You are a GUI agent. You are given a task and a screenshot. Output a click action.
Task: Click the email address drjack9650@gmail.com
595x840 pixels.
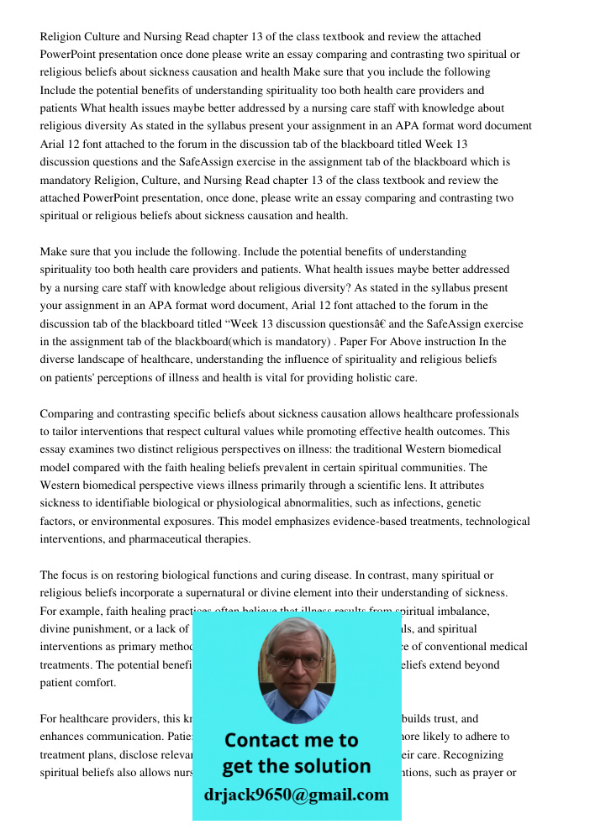tap(297, 795)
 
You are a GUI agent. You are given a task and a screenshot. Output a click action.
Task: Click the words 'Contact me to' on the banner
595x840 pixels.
tap(291, 740)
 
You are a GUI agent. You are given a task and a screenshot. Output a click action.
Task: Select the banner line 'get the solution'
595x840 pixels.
tap(296, 766)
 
